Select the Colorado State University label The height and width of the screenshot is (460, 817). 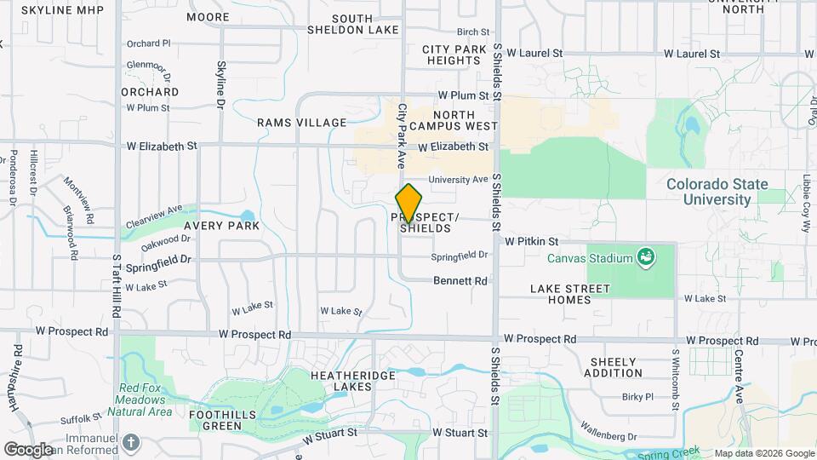(717, 192)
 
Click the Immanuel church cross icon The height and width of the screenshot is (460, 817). (130, 442)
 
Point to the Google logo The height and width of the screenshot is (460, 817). (28, 449)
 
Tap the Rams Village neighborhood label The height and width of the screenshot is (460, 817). (302, 123)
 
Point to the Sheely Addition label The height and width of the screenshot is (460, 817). (613, 367)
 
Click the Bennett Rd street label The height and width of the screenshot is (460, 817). (460, 280)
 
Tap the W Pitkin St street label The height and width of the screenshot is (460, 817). (530, 242)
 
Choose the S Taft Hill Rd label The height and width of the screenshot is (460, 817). (117, 285)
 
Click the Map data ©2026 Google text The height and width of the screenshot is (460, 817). (763, 453)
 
